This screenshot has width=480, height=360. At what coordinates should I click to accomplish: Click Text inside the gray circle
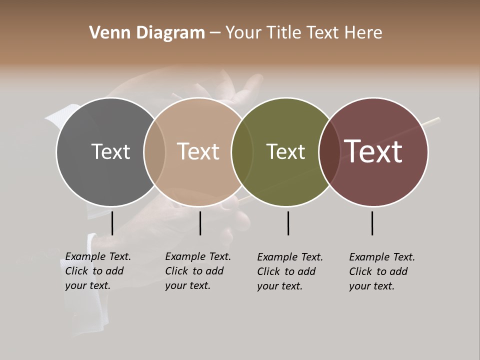110,151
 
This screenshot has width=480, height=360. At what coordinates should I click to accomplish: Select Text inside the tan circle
198,151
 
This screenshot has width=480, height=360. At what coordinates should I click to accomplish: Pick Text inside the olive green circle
285,151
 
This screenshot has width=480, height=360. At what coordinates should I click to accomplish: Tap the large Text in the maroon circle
373,151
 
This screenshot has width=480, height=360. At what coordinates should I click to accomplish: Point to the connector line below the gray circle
112,223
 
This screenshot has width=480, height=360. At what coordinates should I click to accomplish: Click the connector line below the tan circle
200,223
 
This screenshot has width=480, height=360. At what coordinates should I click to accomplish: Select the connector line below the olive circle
288,223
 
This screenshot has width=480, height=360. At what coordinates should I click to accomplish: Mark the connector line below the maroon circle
372,223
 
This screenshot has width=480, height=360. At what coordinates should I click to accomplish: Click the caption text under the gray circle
98,271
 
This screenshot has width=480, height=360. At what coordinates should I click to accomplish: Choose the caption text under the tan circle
198,271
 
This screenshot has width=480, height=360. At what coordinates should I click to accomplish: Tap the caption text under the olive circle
290,271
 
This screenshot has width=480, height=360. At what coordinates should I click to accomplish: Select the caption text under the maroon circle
382,271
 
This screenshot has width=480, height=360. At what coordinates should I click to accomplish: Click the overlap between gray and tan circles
154,151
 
